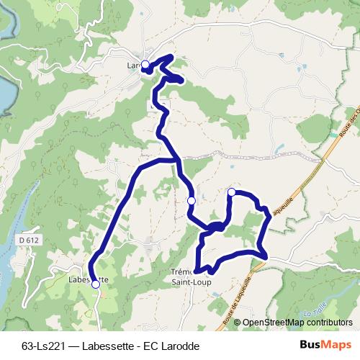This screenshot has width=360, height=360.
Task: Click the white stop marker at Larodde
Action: [x=145, y=65]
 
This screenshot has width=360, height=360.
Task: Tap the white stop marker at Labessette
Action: [x=96, y=284]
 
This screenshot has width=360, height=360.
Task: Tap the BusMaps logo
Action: [x=325, y=345]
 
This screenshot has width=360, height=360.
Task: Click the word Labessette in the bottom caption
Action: [x=112, y=346]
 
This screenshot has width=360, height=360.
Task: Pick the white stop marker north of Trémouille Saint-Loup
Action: [x=191, y=200]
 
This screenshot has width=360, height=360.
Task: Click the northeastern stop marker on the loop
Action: [x=232, y=192]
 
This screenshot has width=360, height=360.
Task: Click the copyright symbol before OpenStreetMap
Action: [x=237, y=323]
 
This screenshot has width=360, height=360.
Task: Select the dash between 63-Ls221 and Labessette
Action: [x=76, y=346]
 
